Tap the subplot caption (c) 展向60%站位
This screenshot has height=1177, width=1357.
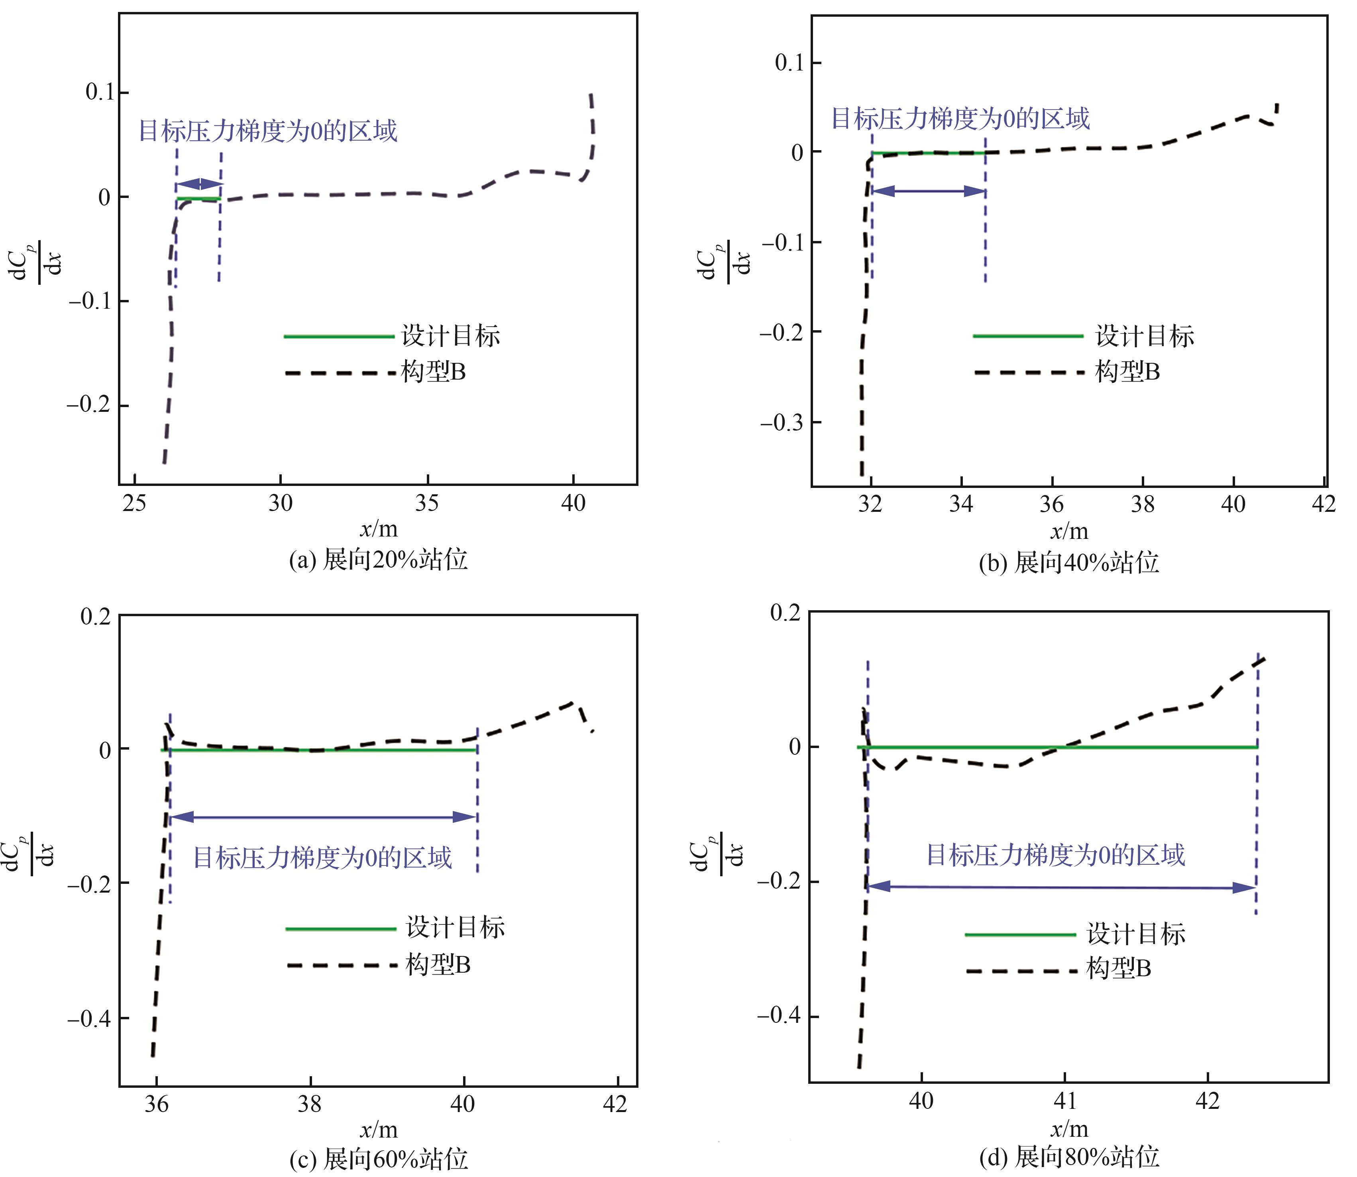point(379,1159)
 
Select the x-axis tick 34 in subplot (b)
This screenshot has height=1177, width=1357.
point(961,504)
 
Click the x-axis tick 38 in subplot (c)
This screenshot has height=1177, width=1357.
point(310,1104)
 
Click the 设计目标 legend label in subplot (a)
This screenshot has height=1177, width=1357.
point(451,336)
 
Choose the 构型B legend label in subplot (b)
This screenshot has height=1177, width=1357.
point(1128,372)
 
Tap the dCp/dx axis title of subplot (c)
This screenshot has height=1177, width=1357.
point(30,854)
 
